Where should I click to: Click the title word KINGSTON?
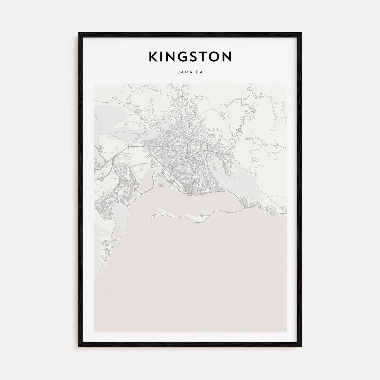click(190, 56)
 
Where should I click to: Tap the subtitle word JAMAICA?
click(190, 72)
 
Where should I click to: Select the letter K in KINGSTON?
click(153, 56)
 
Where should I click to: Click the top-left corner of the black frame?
click(78, 33)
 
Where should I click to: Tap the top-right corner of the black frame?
click(301, 33)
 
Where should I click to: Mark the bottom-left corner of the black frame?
click(78, 347)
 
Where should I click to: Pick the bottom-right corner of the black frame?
click(301, 347)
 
